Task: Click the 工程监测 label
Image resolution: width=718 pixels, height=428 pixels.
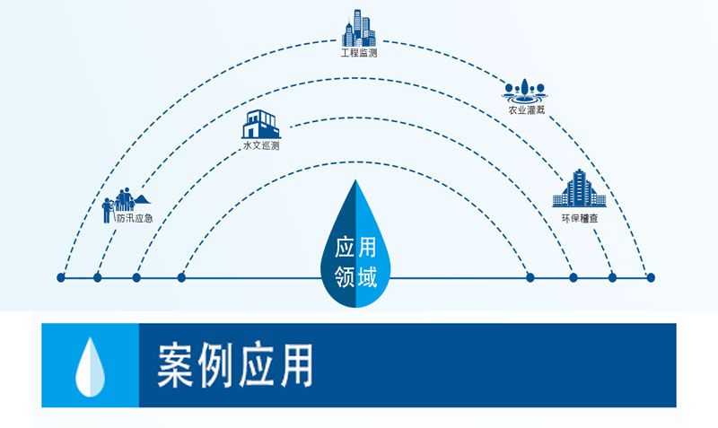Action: pyautogui.click(x=358, y=53)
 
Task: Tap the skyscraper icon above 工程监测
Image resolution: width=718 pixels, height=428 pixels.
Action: pyautogui.click(x=358, y=28)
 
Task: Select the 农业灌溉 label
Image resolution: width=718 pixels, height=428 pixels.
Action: pyautogui.click(x=527, y=109)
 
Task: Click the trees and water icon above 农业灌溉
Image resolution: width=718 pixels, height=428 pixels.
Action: pyautogui.click(x=525, y=92)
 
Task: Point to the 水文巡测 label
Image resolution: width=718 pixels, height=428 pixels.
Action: pyautogui.click(x=261, y=145)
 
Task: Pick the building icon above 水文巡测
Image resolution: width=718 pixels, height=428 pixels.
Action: pyautogui.click(x=261, y=124)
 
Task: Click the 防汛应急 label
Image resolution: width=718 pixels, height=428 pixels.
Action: pyautogui.click(x=134, y=218)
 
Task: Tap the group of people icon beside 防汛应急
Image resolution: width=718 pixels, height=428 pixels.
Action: pyautogui.click(x=118, y=205)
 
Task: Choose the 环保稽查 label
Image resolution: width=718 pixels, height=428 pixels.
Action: pyautogui.click(x=580, y=218)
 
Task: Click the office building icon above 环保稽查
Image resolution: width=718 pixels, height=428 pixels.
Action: pyautogui.click(x=579, y=188)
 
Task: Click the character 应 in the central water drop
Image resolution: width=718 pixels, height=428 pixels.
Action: pyautogui.click(x=345, y=247)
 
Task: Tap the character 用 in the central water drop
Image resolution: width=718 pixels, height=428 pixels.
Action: pyautogui.click(x=367, y=247)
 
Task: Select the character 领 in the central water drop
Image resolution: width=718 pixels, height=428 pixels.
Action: pyautogui.click(x=345, y=277)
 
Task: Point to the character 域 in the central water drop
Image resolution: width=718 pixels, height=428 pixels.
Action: pyautogui.click(x=367, y=277)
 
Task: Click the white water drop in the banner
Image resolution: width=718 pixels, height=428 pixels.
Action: pyautogui.click(x=91, y=367)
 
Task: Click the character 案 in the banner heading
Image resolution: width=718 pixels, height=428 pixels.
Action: pyautogui.click(x=175, y=365)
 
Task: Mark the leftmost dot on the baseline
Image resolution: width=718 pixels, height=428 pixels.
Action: pyautogui.click(x=61, y=277)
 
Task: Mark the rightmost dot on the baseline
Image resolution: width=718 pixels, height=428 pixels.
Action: pyautogui.click(x=651, y=277)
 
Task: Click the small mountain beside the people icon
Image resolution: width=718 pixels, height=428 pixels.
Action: pyautogui.click(x=143, y=199)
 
